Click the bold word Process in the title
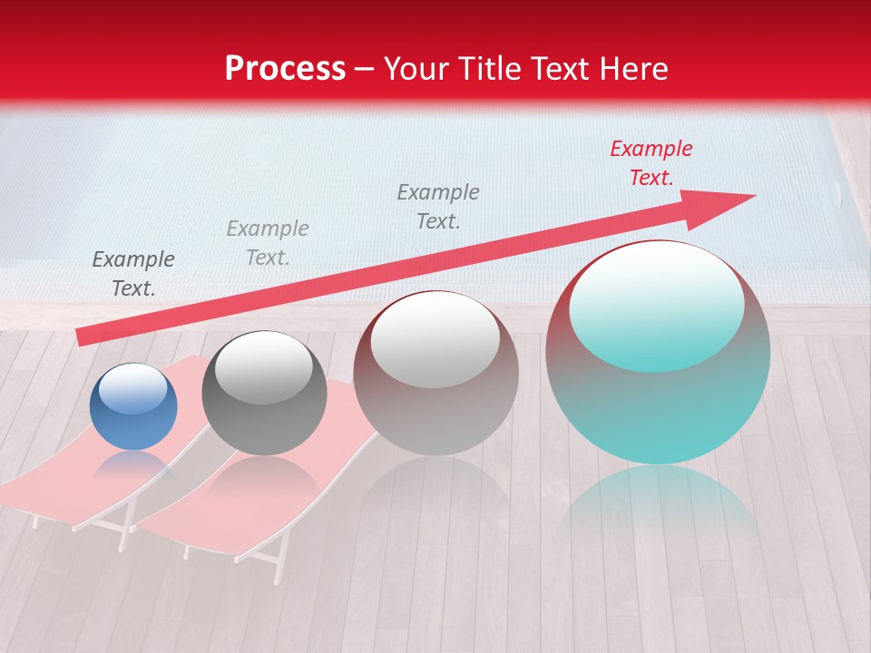(x=285, y=69)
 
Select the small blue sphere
(x=133, y=407)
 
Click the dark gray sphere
(x=264, y=394)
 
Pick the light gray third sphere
(x=435, y=374)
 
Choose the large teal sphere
(x=658, y=353)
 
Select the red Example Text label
(x=651, y=163)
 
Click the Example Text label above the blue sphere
(x=133, y=274)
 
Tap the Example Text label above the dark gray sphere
(x=268, y=243)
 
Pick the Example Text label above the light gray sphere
(x=438, y=207)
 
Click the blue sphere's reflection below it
(x=132, y=463)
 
